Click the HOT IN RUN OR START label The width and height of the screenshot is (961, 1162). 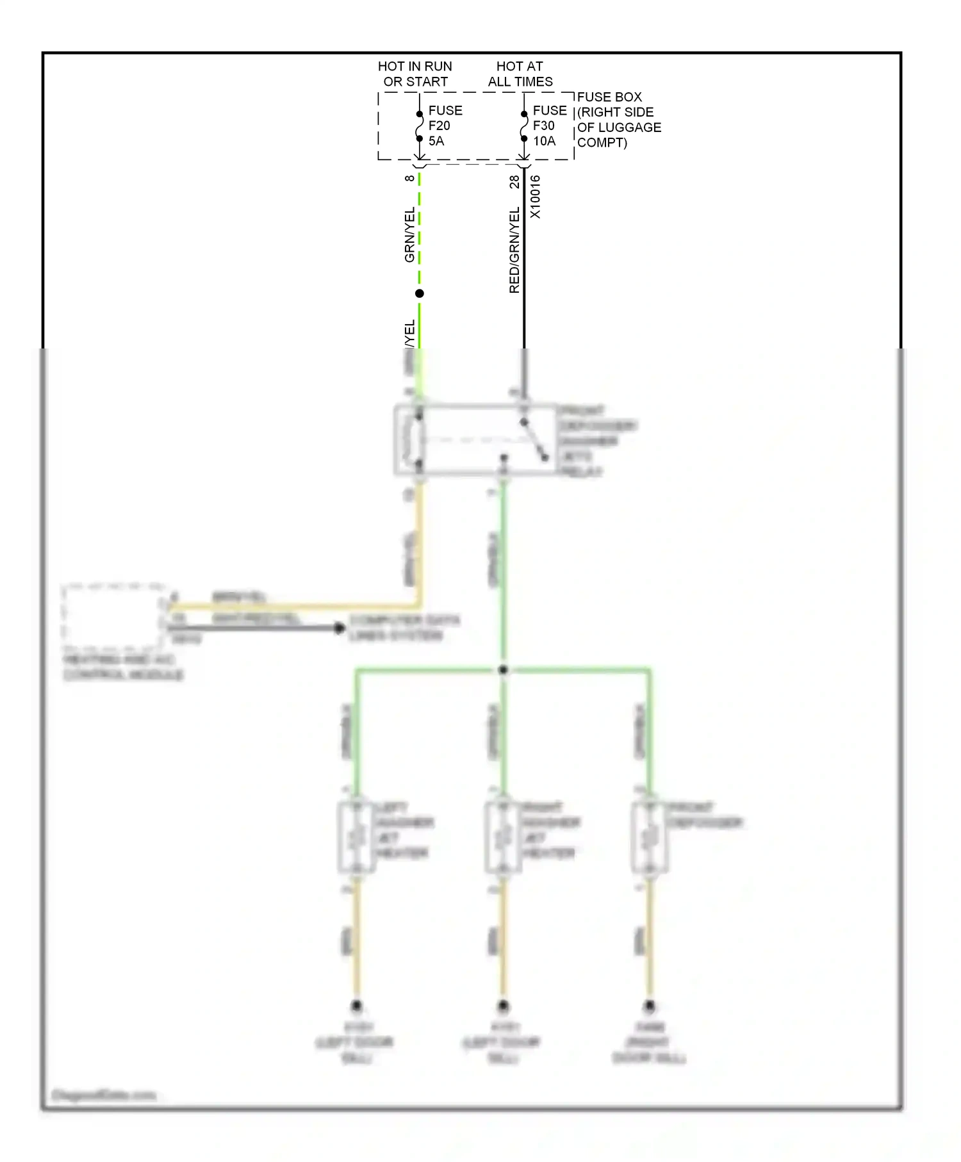click(x=415, y=74)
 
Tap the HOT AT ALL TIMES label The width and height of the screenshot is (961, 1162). click(x=520, y=74)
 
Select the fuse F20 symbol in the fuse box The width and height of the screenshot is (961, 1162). click(x=419, y=126)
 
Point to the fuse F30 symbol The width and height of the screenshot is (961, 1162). click(x=524, y=126)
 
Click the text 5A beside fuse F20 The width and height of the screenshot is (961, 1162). click(x=436, y=141)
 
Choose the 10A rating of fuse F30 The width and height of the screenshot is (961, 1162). click(x=544, y=141)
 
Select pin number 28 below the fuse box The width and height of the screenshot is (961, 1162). click(x=514, y=182)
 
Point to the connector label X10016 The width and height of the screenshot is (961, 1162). click(x=536, y=197)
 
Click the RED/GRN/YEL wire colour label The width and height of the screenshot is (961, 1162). click(x=514, y=250)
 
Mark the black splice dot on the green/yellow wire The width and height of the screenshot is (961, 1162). click(x=420, y=293)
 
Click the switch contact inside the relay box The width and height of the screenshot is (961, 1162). click(x=534, y=440)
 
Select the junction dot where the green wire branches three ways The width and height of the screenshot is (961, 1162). click(x=503, y=670)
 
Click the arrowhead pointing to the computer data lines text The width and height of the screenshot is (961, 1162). click(x=340, y=628)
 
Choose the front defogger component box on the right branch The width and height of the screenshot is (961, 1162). click(x=650, y=837)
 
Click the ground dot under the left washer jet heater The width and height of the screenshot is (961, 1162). click(x=357, y=1006)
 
